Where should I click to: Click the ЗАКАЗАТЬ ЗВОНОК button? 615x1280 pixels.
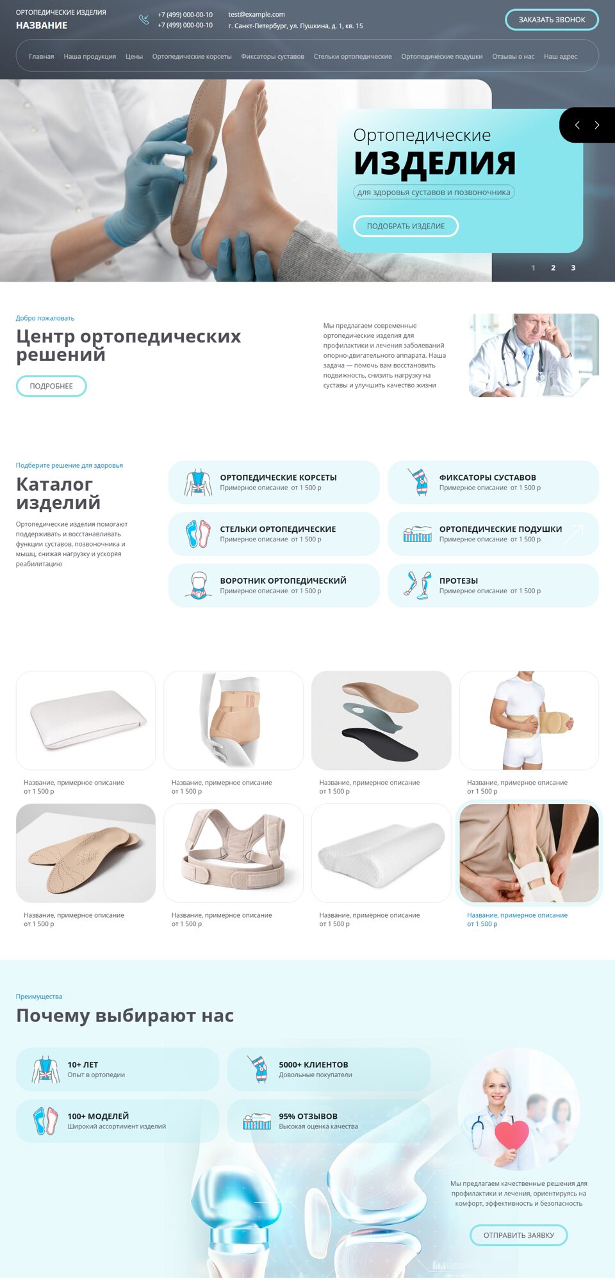click(x=552, y=20)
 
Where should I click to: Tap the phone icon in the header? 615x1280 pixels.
click(x=144, y=20)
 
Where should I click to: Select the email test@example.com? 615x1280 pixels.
click(x=256, y=14)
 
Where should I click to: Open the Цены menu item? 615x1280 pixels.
click(x=134, y=56)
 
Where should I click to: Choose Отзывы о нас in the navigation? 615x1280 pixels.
click(x=513, y=56)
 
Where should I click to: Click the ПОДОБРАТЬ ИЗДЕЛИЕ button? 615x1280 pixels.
click(x=406, y=226)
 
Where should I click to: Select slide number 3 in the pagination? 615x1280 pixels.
click(x=573, y=268)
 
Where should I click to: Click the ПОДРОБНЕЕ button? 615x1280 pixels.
click(x=51, y=386)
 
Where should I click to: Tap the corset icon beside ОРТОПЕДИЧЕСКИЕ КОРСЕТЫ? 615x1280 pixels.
click(x=198, y=482)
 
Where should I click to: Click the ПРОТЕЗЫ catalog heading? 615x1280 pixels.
click(x=459, y=580)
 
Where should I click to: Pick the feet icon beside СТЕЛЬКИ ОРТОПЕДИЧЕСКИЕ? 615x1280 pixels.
click(x=198, y=534)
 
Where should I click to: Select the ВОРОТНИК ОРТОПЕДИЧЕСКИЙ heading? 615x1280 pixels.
click(x=283, y=580)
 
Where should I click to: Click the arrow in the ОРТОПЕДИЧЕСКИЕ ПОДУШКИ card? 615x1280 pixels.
click(x=573, y=534)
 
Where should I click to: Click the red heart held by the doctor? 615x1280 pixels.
click(x=511, y=1135)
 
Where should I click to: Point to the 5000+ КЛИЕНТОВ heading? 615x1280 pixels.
click(x=313, y=1065)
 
